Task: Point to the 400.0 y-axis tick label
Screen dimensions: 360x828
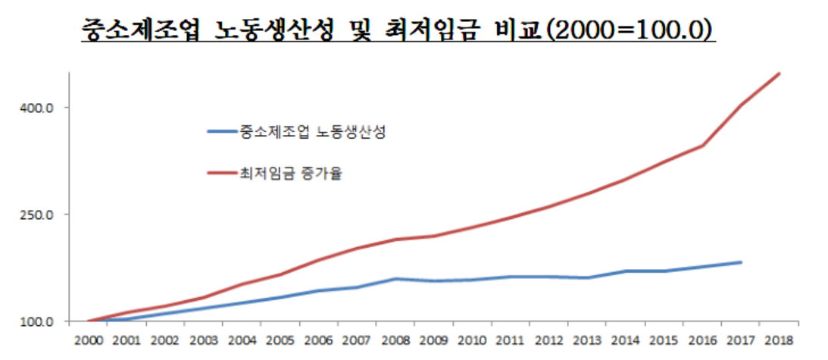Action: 36,108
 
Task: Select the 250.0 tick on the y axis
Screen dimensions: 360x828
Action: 36,214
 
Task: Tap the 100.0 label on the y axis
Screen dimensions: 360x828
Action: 36,321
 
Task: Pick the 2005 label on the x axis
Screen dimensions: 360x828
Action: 280,340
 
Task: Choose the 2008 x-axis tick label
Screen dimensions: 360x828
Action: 396,340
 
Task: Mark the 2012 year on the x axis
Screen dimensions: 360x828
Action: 550,340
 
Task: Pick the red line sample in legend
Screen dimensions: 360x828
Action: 221,174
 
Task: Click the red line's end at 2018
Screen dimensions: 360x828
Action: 780,74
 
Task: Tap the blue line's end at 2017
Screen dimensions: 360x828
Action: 741,262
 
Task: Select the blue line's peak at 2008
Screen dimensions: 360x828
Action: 396,278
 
